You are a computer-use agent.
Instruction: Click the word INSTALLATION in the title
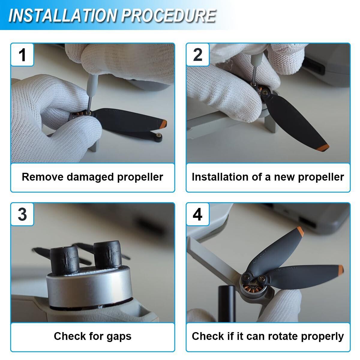(63, 16)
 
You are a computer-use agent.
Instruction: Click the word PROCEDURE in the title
(169, 16)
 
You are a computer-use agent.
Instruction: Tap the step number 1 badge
(22, 55)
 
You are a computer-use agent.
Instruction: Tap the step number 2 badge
(198, 55)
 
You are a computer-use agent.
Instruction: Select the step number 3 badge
(22, 214)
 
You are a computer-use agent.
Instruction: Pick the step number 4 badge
(198, 214)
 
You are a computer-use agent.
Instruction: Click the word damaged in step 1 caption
(90, 177)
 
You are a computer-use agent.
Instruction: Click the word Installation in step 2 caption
(220, 177)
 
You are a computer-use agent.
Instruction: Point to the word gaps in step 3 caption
(119, 337)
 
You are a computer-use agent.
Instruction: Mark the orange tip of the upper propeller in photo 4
(300, 232)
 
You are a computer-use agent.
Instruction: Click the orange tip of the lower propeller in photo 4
(341, 270)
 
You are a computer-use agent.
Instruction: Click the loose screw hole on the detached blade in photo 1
(158, 135)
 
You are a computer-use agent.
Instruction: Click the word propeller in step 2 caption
(321, 177)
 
